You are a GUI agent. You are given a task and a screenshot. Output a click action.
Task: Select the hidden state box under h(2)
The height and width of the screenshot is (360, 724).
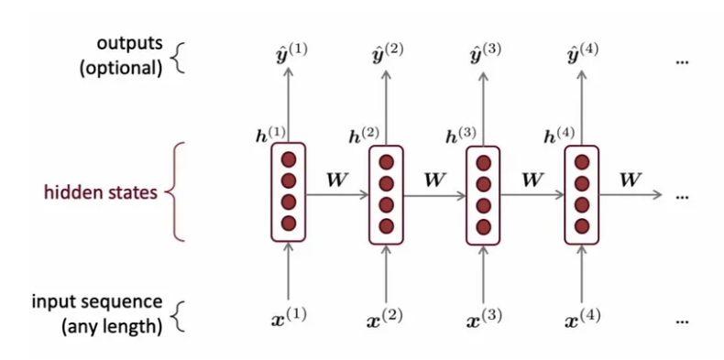click(x=387, y=195)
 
